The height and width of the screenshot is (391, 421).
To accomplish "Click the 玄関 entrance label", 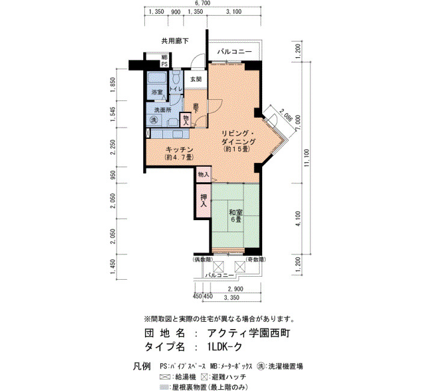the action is pyautogui.click(x=195, y=79).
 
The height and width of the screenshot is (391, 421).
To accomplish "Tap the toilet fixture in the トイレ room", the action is pyautogui.click(x=176, y=77).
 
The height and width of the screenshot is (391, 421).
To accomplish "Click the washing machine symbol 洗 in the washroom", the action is pyautogui.click(x=153, y=120).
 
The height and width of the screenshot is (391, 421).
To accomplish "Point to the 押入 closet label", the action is pyautogui.click(x=203, y=200).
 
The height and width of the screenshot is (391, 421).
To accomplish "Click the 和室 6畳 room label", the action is pyautogui.click(x=236, y=216).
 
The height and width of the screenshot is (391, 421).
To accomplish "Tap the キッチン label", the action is pyautogui.click(x=179, y=153).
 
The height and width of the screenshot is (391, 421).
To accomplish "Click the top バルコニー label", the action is pyautogui.click(x=234, y=51).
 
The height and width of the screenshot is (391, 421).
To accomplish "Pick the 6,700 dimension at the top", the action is pyautogui.click(x=203, y=3).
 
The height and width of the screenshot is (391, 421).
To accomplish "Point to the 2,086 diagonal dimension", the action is pyautogui.click(x=286, y=115).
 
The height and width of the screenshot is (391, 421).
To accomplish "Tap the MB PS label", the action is pyautogui.click(x=164, y=61).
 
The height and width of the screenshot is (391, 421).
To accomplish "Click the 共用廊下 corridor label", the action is pyautogui.click(x=175, y=41).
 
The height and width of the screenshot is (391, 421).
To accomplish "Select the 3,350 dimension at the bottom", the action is pyautogui.click(x=232, y=298).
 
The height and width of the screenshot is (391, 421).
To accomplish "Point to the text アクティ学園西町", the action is pyautogui.click(x=248, y=333).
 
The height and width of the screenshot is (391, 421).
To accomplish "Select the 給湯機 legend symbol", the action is pyautogui.click(x=165, y=377).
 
